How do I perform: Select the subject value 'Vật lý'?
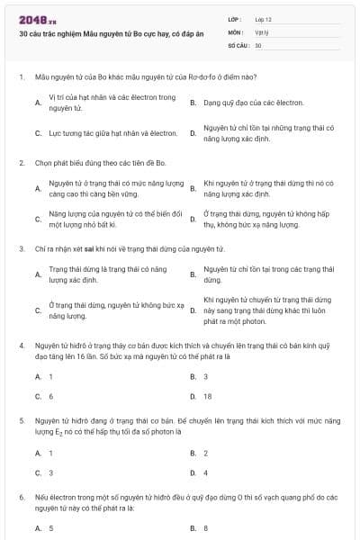click(262, 31)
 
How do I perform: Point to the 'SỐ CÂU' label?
click(238, 44)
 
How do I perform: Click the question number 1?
click(21, 78)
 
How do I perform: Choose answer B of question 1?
click(252, 103)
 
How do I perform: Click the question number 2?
click(21, 163)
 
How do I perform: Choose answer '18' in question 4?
click(208, 396)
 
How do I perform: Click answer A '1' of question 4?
click(50, 376)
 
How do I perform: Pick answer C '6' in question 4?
click(50, 396)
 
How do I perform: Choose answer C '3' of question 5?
click(50, 472)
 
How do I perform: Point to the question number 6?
click(21, 497)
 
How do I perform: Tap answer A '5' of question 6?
click(50, 528)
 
